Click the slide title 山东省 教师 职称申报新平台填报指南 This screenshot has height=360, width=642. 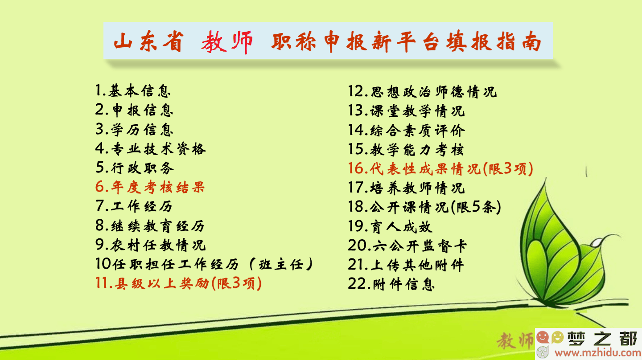[328, 42]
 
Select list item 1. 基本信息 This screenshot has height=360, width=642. [133, 90]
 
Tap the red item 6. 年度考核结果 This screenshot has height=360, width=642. [150, 187]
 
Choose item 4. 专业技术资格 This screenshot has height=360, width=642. [151, 149]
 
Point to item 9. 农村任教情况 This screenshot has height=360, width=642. [151, 245]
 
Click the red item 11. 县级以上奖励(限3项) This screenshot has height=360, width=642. [178, 283]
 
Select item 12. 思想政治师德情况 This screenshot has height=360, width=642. [422, 92]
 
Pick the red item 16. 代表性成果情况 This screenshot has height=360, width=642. [440, 168]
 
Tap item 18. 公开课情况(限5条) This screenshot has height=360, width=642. [424, 206]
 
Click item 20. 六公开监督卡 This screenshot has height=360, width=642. [407, 245]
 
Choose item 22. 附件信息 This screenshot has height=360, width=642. [391, 284]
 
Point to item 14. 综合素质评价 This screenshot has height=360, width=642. [407, 130]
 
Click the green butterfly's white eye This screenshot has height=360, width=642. [597, 243]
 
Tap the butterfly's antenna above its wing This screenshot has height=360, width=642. [586, 171]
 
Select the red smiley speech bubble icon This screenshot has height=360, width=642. [543, 337]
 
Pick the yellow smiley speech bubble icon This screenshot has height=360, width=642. [557, 337]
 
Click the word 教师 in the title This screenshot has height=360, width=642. [226, 42]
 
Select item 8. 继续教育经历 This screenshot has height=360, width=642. [150, 226]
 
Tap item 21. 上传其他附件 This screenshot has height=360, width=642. [406, 265]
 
